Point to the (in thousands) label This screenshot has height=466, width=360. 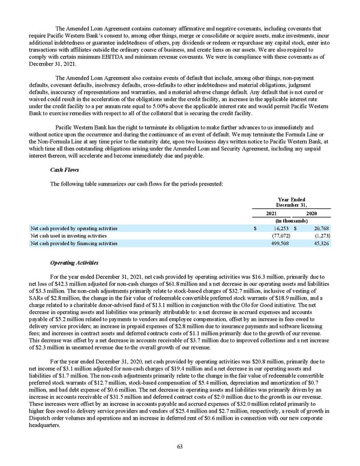coord(290,221)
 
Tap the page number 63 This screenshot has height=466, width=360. coord(179,446)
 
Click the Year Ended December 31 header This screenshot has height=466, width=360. coord(290,202)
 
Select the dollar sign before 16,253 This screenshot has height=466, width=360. coord(256,229)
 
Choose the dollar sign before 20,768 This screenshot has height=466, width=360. coord(295,229)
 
